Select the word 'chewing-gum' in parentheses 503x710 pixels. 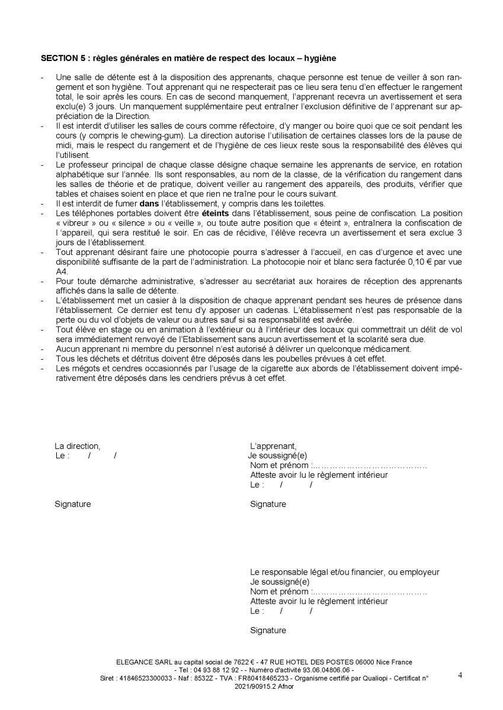coord(160,135)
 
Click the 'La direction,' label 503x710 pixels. coord(78,446)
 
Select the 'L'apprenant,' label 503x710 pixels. coord(273,446)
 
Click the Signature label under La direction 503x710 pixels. coord(72,504)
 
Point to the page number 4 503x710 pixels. coord(460,674)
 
